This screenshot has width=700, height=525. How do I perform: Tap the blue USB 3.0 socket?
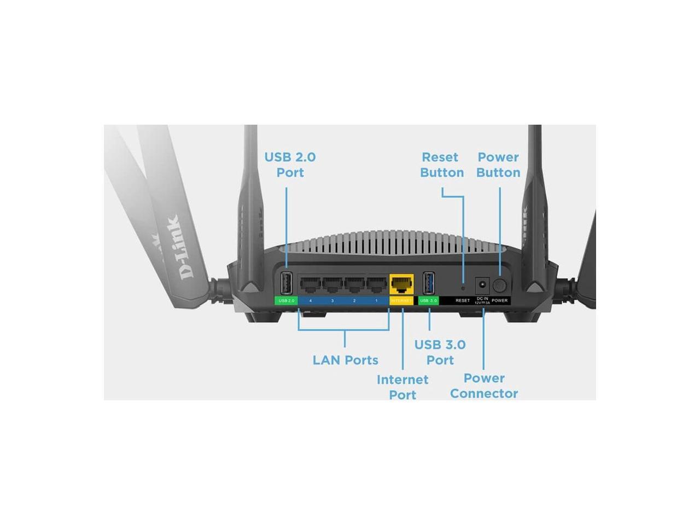(429, 284)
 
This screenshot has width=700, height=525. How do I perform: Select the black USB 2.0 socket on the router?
(286, 284)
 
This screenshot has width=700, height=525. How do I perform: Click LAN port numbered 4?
(310, 285)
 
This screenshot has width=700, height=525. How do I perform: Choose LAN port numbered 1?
(376, 285)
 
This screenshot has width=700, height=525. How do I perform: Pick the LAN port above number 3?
(332, 285)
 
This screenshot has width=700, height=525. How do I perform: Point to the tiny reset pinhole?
(463, 287)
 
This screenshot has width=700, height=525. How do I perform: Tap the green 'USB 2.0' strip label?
(286, 301)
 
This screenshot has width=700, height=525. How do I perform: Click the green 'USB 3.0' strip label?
(428, 301)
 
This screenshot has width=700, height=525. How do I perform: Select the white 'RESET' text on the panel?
(463, 301)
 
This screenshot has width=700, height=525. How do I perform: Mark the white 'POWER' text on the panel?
(499, 301)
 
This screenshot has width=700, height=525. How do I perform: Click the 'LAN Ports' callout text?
(345, 360)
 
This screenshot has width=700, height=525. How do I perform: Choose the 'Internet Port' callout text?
(402, 387)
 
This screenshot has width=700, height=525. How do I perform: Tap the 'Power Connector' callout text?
(483, 386)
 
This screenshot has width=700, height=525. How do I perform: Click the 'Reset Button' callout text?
(441, 165)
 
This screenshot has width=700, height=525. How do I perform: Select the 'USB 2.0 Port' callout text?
(290, 165)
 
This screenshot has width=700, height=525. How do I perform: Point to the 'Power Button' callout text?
(498, 165)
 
